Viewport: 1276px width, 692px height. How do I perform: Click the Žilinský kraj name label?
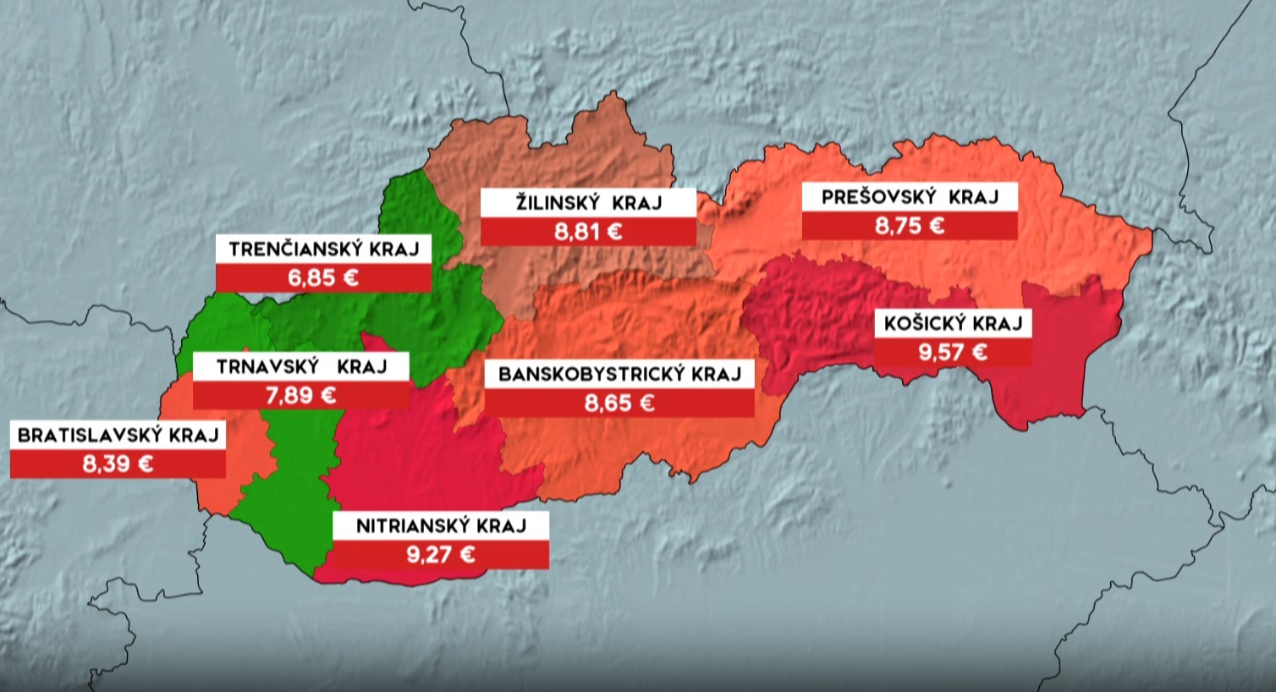588,203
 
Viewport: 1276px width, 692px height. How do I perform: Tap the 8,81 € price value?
588,231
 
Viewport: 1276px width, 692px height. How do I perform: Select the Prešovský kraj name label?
910,197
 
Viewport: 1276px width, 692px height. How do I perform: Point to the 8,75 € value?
910,226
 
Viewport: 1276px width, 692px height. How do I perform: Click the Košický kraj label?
953,323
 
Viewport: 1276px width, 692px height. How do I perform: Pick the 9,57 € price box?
953,352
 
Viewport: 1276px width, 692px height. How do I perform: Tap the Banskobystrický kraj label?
619,374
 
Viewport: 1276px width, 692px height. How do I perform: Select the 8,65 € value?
619,404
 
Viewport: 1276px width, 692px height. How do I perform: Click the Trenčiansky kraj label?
323,250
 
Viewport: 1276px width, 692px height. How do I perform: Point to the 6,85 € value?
323,278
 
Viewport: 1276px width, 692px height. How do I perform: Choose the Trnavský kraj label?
301,367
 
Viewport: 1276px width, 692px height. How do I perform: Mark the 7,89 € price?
301,395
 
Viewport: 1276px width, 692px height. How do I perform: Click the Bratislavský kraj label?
118,436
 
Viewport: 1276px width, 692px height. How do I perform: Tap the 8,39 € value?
118,464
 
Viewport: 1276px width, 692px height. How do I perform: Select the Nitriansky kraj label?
440,525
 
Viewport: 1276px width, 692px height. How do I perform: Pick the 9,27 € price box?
440,555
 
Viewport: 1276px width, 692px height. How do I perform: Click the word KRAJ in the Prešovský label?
973,197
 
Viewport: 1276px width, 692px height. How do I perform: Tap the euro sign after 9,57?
977,352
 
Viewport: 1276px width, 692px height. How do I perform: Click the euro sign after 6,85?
347,278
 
